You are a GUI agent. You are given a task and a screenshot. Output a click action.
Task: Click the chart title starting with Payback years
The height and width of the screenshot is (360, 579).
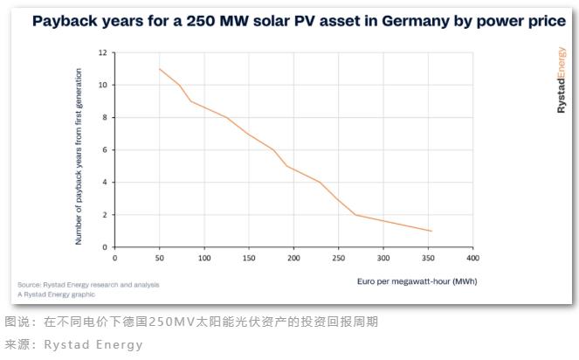point(298,21)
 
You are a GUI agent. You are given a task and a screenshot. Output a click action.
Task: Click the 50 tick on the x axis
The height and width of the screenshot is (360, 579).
point(159,258)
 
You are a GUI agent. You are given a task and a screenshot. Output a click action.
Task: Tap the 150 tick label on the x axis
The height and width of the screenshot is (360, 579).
point(248,258)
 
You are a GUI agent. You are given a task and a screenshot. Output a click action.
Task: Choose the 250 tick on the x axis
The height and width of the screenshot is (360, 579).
point(338,258)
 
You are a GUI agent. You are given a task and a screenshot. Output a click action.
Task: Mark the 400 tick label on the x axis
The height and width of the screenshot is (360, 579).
point(472,258)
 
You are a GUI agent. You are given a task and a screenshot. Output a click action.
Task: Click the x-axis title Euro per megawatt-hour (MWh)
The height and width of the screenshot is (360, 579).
point(417,281)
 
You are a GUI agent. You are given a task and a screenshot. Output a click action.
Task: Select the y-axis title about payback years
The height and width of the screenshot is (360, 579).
point(79,156)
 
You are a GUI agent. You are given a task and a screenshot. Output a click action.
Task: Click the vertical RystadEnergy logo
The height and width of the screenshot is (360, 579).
point(561,80)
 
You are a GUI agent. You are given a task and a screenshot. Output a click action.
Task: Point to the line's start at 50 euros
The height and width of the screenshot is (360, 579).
point(160,69)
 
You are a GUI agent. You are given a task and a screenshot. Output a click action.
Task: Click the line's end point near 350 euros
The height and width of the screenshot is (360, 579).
point(431,232)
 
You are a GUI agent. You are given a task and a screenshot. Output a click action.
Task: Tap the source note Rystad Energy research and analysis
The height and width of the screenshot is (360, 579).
point(88,285)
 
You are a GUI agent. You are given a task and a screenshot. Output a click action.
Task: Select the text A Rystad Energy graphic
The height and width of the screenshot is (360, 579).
point(58,294)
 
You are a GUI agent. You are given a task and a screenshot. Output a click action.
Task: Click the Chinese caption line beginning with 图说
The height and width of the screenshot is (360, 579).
point(191,322)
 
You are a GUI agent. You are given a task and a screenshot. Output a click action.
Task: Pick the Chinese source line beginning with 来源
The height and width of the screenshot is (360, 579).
point(73,344)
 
